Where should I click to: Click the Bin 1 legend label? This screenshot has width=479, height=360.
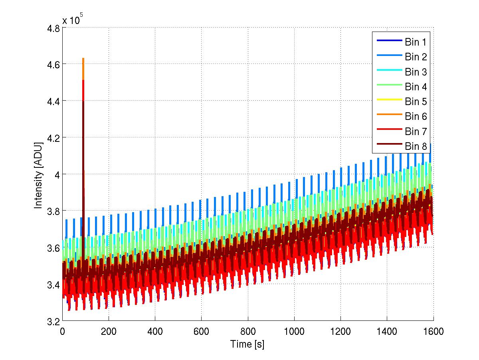tap(416, 42)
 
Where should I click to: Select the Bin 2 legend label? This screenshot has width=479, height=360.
tap(416, 57)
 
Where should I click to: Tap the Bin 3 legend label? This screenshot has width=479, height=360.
tap(416, 72)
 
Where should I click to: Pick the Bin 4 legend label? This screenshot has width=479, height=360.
tap(416, 87)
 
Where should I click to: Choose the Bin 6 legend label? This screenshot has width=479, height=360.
tap(416, 116)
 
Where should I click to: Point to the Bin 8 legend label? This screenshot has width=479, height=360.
tap(416, 146)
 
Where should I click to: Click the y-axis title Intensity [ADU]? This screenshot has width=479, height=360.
tap(38, 175)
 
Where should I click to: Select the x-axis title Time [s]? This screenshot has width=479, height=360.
tap(247, 344)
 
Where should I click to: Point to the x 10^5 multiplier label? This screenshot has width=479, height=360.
tap(73, 20)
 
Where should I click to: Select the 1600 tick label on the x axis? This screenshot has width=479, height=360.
tap(433, 332)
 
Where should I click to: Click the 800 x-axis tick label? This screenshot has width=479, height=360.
tap(247, 332)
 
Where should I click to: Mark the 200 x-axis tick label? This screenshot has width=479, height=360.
tap(109, 332)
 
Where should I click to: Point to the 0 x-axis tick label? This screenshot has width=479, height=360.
tap(62, 332)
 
